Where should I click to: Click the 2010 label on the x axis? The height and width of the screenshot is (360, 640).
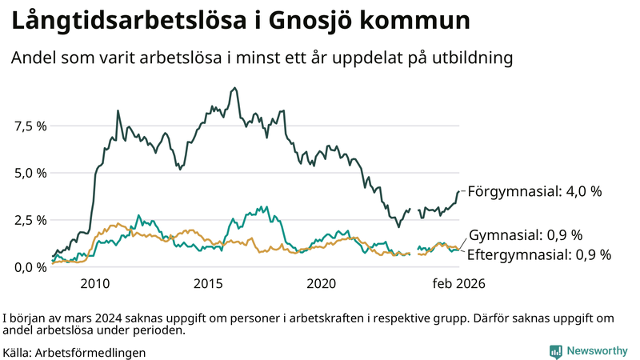(94, 283)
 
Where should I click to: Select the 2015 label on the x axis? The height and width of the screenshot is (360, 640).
(208, 283)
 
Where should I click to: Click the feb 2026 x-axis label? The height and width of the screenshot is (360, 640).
(458, 283)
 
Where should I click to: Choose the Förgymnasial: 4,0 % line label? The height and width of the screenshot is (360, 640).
(534, 192)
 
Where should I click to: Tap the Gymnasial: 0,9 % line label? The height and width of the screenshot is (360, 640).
(525, 235)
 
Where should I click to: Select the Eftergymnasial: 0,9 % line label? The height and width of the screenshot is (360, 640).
(538, 255)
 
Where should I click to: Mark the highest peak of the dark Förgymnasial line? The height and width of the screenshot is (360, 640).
(234, 88)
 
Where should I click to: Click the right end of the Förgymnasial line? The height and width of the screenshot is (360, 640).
(459, 191)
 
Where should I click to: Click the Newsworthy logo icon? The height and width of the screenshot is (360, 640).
(555, 351)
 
